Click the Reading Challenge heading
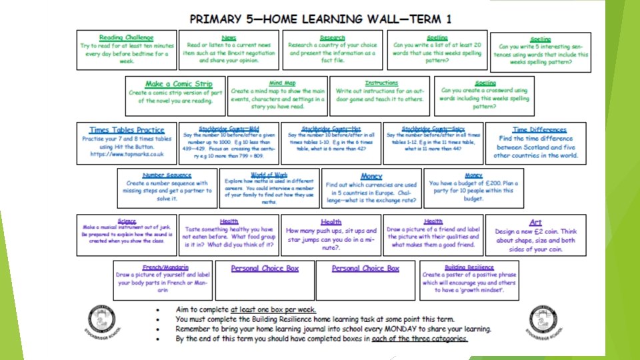coord(126,38)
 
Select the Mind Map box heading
coord(282,83)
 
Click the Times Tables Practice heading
coord(127,130)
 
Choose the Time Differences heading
coord(539,130)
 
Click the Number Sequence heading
coord(167,175)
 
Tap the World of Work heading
coord(269,174)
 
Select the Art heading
coord(535,223)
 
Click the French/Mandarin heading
coord(165,267)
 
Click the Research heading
coord(332,38)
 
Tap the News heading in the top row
coord(229,38)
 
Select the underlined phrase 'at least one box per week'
coord(273,310)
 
